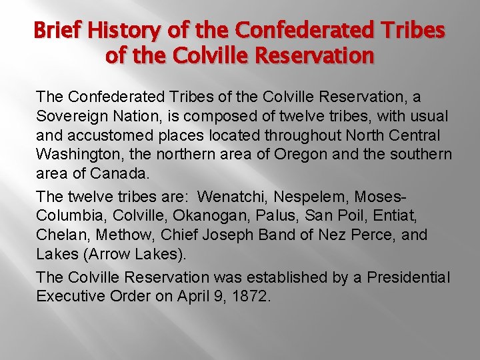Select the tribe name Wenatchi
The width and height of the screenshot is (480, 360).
point(230,197)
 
